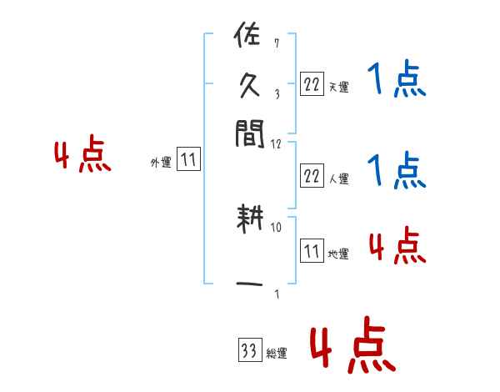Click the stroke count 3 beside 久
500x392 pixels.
pyautogui.click(x=276, y=93)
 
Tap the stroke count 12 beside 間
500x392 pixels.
pyautogui.click(x=276, y=143)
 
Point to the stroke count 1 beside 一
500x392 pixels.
pyautogui.click(x=276, y=293)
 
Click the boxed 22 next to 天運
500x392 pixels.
pyautogui.click(x=312, y=83)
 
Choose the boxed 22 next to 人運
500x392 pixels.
pyautogui.click(x=312, y=174)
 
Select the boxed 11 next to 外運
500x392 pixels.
pyautogui.click(x=188, y=160)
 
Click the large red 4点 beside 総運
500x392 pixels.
pyautogui.click(x=352, y=348)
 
